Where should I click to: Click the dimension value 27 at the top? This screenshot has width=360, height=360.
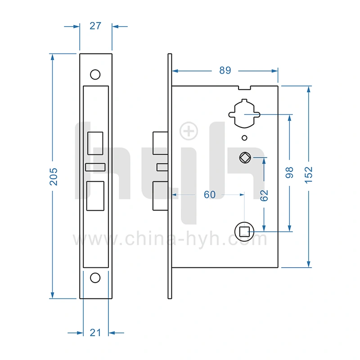pos(95,26)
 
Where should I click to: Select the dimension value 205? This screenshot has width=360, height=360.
pos(54,176)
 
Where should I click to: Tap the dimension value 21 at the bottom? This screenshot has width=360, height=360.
pos(95,333)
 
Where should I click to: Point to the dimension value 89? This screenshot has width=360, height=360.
pos(225,71)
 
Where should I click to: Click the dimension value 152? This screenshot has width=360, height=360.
pos(308,175)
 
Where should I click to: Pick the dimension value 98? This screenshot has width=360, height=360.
pos(289,172)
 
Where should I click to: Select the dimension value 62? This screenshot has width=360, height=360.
pos(264,195)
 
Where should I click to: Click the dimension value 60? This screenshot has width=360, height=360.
pos(210,194)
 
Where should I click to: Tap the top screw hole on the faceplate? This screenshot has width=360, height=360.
pos(95,74)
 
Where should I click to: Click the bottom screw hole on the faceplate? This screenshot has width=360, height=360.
pos(95,278)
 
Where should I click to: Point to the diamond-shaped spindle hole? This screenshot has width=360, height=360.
pos(244,157)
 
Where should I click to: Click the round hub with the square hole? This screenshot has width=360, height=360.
pos(244,232)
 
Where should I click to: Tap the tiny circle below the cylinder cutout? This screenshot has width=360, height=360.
pos(244,138)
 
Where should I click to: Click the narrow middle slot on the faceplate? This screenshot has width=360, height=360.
pos(95,167)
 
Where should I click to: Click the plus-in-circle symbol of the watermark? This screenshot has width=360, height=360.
pos(189,131)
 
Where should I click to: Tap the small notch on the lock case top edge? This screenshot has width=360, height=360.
pos(244,87)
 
